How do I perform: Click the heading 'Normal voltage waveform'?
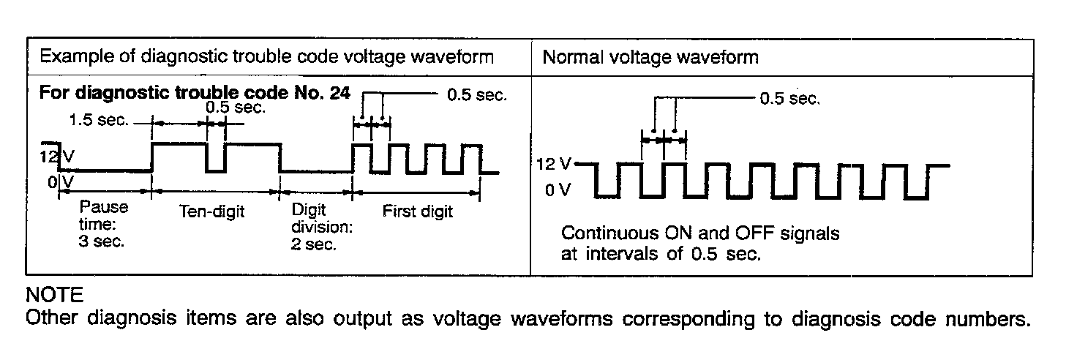650,57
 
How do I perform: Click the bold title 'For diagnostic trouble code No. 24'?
194,93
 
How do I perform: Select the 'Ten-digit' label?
211,212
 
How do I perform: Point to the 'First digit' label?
418,212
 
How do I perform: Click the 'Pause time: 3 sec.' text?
102,224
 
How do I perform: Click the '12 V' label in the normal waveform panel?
555,164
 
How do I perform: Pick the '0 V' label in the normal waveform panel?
556,192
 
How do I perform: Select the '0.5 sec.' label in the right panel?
790,99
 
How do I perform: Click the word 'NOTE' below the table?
54,296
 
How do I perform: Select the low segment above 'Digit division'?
316,173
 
